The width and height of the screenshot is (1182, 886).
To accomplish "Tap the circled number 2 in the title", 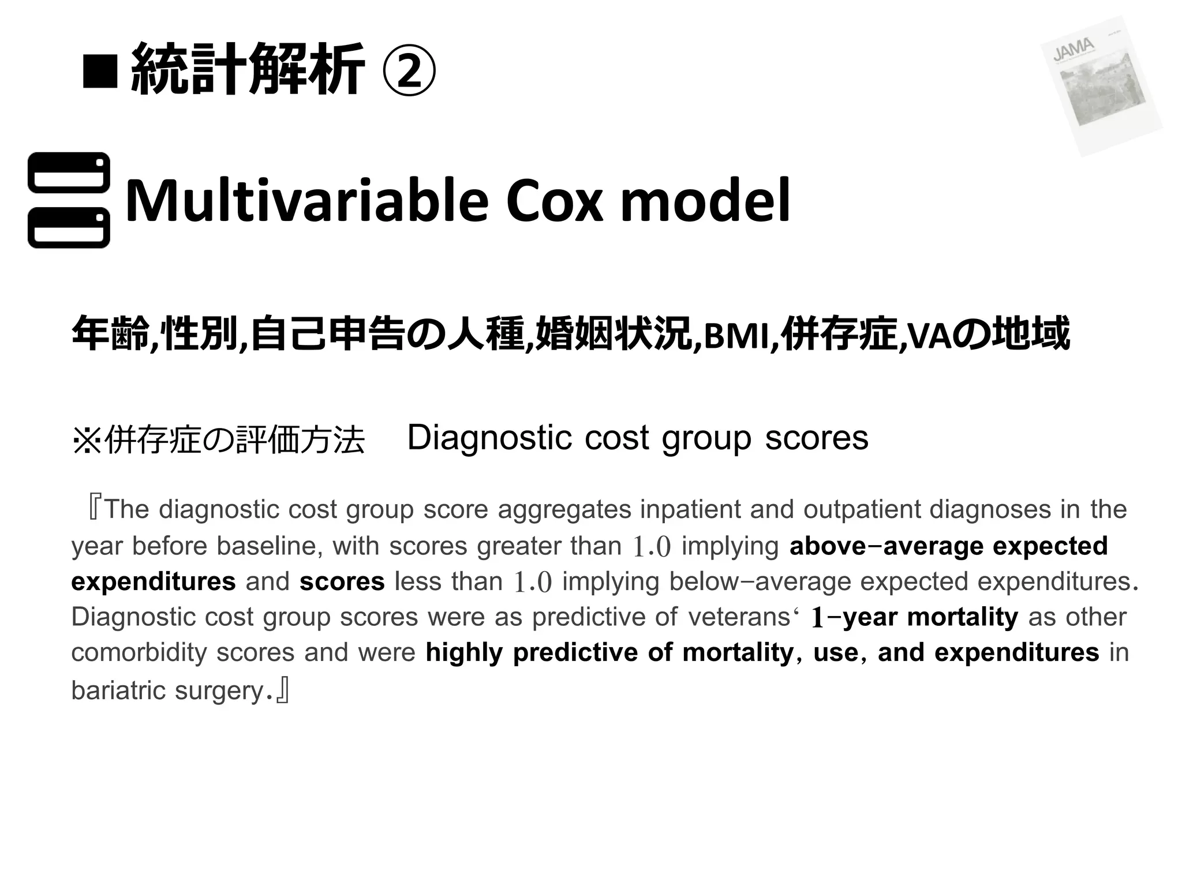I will pos(409,71).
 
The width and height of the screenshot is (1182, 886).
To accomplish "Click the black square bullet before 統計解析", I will pos(100,72).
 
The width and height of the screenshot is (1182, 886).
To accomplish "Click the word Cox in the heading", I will pos(554,201).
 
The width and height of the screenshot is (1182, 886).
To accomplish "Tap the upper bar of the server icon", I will pos(69,172).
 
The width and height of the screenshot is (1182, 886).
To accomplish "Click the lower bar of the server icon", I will pos(69,228).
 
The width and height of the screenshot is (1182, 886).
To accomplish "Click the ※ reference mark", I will pos(87,440).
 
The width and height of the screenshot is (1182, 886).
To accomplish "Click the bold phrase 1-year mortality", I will pos(915,617).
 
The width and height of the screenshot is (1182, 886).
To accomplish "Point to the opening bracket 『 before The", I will pos(93,509).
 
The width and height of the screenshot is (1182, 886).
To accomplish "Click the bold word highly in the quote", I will pos(463,653).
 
